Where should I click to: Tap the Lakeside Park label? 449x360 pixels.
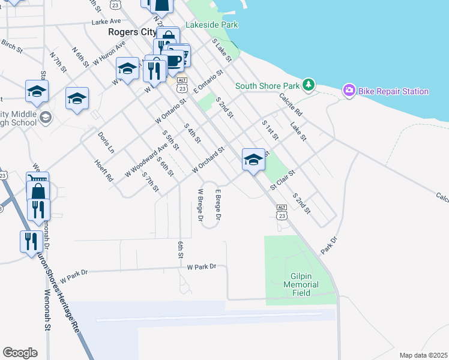click(x=212, y=25)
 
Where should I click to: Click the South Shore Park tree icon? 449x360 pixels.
click(x=309, y=85)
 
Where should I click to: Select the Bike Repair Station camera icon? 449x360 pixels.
click(x=349, y=91)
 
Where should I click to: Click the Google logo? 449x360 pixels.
click(x=20, y=353)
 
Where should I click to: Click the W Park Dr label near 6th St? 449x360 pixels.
click(x=201, y=266)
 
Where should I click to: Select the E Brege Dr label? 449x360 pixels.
click(x=218, y=205)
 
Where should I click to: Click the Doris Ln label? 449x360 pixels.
click(x=105, y=142)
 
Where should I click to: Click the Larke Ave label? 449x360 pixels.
click(x=107, y=22)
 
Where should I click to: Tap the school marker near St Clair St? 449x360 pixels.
click(x=253, y=161)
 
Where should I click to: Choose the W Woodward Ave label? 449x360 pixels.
click(x=146, y=160)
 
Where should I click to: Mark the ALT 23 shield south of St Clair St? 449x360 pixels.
click(x=282, y=210)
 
